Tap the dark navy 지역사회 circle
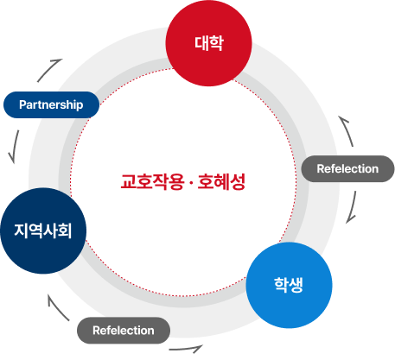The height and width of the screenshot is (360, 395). click(43, 231)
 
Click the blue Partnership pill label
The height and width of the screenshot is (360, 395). click(51, 104)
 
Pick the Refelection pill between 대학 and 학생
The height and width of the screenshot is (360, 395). click(347, 168)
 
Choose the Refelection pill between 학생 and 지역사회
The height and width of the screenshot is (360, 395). click(124, 330)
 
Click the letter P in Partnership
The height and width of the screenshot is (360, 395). click(22, 105)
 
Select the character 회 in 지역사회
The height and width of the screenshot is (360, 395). click(66, 231)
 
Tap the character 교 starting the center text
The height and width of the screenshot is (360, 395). click(128, 182)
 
